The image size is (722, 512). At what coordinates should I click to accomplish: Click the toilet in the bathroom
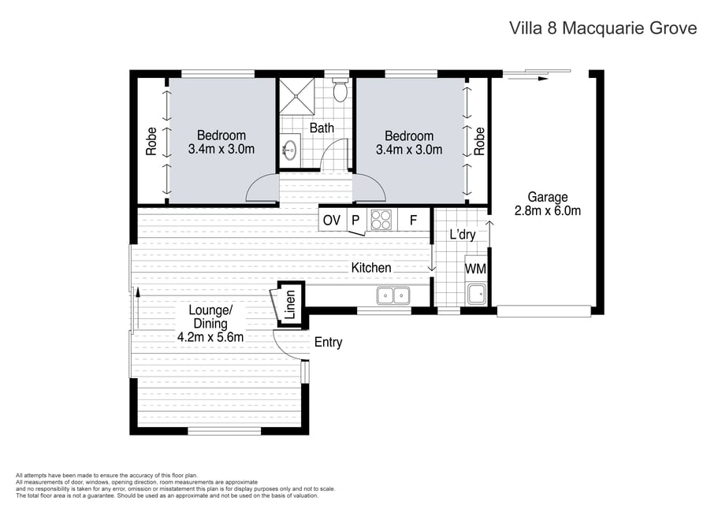pyautogui.click(x=341, y=88)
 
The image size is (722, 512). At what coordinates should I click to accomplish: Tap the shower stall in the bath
pyautogui.click(x=297, y=95)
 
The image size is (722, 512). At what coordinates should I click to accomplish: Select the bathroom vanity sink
pyautogui.click(x=290, y=147)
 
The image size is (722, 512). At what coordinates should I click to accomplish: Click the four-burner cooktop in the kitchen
pyautogui.click(x=381, y=220)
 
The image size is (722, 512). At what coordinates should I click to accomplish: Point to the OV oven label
pyautogui.click(x=332, y=221)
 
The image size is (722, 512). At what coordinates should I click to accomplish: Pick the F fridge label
pyautogui.click(x=413, y=221)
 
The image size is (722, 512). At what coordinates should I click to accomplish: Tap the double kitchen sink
pyautogui.click(x=393, y=295)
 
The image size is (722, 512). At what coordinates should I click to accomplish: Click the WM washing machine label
pyautogui.click(x=475, y=268)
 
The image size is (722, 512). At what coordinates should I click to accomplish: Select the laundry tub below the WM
pyautogui.click(x=476, y=295)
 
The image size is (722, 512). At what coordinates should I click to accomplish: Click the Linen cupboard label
pyautogui.click(x=289, y=304)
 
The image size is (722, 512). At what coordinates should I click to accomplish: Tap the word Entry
pyautogui.click(x=329, y=343)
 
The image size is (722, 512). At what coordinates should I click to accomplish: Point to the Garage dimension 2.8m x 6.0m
pyautogui.click(x=548, y=210)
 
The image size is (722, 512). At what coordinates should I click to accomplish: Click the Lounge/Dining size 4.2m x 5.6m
pyautogui.click(x=210, y=336)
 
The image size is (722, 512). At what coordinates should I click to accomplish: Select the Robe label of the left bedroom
pyautogui.click(x=151, y=141)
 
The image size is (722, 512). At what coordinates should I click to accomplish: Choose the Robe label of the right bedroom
pyautogui.click(x=480, y=141)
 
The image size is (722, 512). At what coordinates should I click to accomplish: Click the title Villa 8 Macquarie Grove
pyautogui.click(x=603, y=28)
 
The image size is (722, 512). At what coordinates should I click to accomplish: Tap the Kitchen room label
pyautogui.click(x=371, y=267)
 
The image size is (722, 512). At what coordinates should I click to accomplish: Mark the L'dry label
pyautogui.click(x=463, y=235)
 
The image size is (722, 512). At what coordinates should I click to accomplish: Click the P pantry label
pyautogui.click(x=355, y=221)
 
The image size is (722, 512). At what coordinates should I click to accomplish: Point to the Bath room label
pyautogui.click(x=322, y=128)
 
